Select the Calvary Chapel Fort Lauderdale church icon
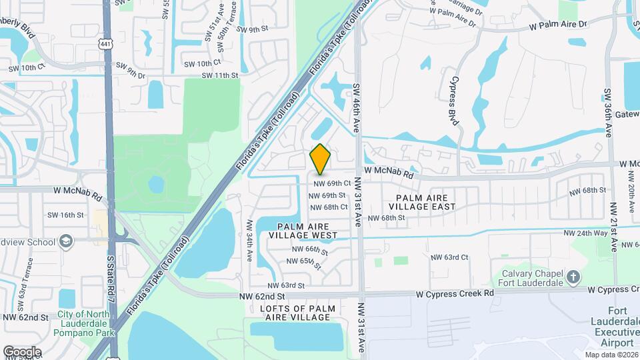573,276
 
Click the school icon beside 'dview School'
66,241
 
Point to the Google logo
22,351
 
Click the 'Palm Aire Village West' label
303,231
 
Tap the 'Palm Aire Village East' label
426,202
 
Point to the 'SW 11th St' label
217,75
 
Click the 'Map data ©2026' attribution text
611,355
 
